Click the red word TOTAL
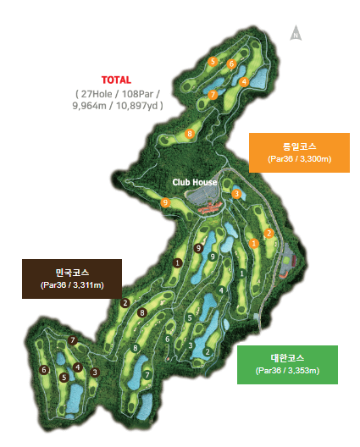tap(116, 80)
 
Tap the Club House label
tap(195, 182)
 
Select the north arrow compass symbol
tap(296, 34)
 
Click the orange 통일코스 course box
tap(299, 152)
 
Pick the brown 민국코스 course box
tap(72, 279)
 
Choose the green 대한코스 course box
tap(287, 365)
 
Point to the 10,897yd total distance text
tap(132, 106)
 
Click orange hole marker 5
tap(213, 62)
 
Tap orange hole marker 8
tap(190, 134)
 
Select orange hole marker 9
tap(165, 202)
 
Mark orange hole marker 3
tap(236, 194)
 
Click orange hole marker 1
tap(254, 244)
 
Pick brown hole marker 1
tap(177, 263)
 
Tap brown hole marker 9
tap(197, 248)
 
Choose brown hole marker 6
tap(44, 370)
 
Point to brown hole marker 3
tap(95, 372)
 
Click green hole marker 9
tap(212, 257)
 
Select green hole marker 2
tap(208, 351)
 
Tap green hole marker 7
tap(147, 375)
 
